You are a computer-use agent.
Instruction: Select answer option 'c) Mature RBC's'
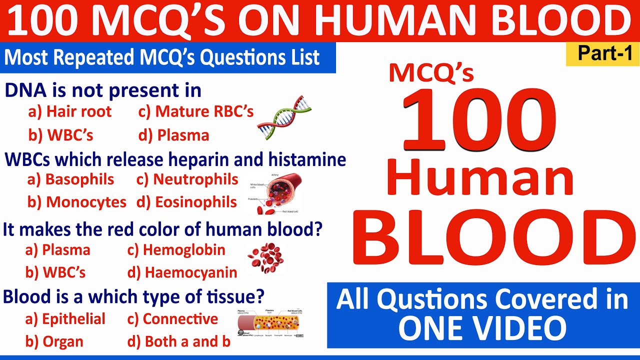(x=196, y=112)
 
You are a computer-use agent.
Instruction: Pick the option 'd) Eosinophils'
(x=186, y=202)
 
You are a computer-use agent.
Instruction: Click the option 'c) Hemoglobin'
(x=176, y=250)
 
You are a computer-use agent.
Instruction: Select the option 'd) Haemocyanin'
(x=182, y=273)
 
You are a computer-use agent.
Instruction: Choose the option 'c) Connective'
(x=172, y=319)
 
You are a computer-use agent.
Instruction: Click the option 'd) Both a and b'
(x=179, y=342)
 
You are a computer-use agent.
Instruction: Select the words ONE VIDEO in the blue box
(x=482, y=328)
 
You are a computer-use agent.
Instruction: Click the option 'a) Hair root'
(x=70, y=112)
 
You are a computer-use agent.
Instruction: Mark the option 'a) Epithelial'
(x=65, y=319)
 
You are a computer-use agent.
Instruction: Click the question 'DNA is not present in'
(x=103, y=91)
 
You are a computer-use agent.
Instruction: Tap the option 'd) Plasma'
(x=173, y=135)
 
